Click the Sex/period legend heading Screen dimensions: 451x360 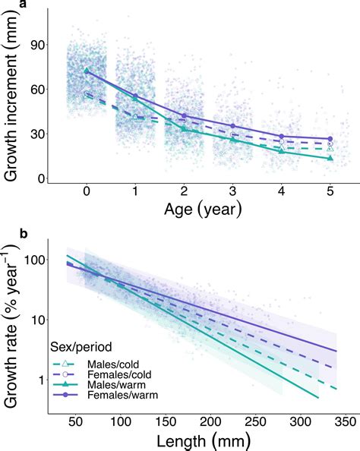click(x=80, y=345)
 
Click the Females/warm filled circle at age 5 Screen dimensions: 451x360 click(x=328, y=139)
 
